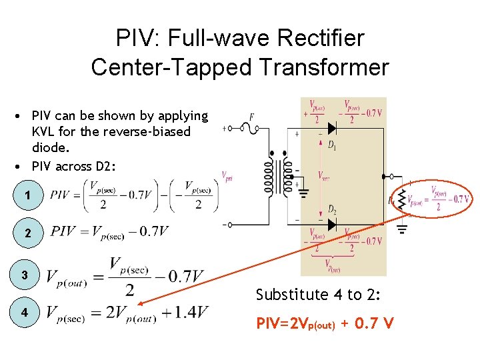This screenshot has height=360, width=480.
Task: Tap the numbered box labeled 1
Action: pos(27,196)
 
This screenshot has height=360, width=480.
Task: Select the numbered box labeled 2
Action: pos(27,233)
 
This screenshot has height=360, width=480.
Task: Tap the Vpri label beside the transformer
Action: pos(227,177)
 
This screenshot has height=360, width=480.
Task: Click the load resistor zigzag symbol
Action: pos(401,197)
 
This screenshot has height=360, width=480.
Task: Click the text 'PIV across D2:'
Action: pos(73,166)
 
